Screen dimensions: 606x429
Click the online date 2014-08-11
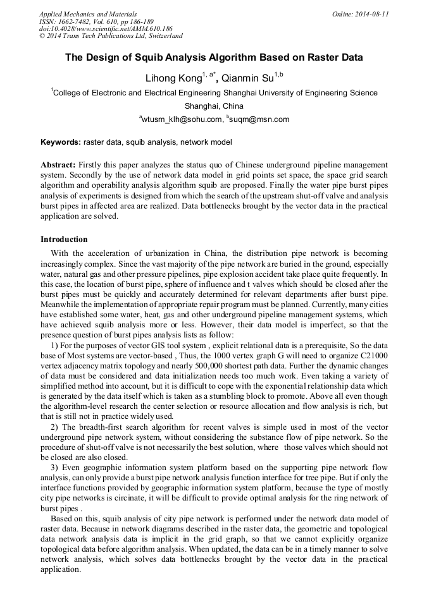371,13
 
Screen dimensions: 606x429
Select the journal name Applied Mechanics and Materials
88,13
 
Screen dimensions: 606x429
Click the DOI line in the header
105,28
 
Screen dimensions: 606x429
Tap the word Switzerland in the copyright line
161,36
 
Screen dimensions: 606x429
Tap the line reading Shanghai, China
214,106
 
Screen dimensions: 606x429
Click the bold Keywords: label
62,142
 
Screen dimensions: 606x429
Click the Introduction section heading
64,239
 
